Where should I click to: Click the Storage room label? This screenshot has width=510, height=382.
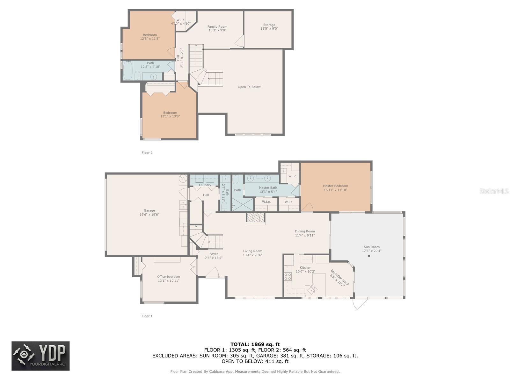[269, 25]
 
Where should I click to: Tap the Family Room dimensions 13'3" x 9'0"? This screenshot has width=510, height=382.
[217, 30]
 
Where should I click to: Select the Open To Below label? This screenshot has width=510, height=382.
[249, 87]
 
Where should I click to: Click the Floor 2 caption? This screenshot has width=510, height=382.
[147, 152]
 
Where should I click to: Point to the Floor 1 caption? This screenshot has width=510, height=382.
[147, 316]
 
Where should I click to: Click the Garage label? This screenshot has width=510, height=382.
[149, 211]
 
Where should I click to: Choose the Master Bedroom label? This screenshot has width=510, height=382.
[335, 186]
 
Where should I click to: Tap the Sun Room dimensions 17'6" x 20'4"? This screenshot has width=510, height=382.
[372, 251]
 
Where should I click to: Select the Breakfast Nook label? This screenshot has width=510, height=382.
[340, 278]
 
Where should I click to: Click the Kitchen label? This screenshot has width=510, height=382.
[305, 267]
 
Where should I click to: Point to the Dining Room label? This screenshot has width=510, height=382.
[305, 231]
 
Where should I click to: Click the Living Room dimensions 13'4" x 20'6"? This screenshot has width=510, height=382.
[252, 255]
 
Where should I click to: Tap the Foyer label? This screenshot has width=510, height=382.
[214, 254]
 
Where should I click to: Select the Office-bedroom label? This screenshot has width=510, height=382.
[168, 276]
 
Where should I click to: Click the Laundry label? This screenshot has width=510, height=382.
[205, 185]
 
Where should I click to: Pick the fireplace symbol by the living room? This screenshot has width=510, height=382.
[256, 219]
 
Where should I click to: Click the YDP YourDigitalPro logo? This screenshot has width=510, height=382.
[40, 356]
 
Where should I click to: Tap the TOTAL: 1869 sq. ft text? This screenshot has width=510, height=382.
[255, 344]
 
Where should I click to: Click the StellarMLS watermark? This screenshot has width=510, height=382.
[494, 191]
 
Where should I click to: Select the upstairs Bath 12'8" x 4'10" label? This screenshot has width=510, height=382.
[150, 65]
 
